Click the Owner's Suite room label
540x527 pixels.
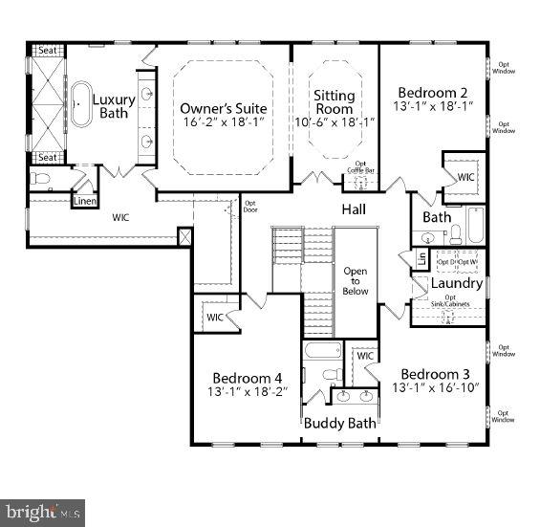coord(224,108)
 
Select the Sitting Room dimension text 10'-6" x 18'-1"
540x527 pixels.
coord(335,122)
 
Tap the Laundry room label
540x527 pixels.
coord(456,284)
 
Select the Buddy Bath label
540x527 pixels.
coord(340,423)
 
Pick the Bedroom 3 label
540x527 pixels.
coord(435,374)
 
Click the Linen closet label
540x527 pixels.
coord(84,200)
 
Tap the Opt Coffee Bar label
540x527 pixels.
coord(360,166)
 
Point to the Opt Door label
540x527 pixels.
coord(250,206)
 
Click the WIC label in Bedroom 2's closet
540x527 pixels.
coord(465,177)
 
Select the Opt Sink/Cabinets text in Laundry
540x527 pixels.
coord(449,301)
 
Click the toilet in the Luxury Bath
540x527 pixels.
coord(42,179)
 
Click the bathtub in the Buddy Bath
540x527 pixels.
coord(317,350)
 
